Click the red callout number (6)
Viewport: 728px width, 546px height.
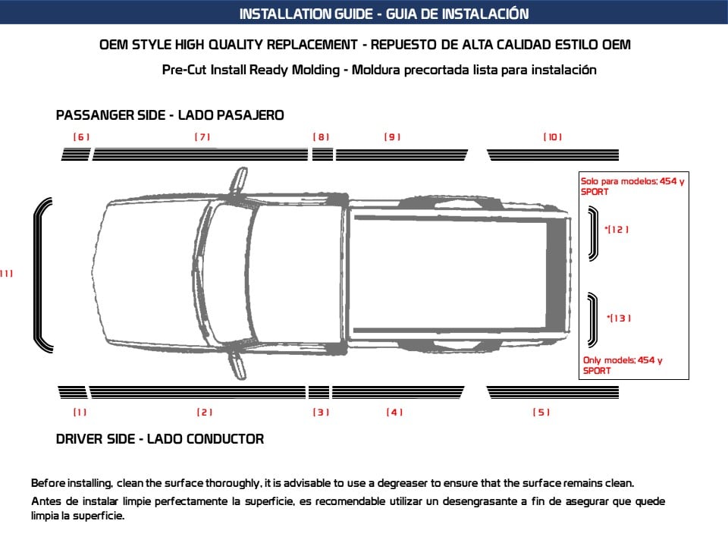(x=81, y=137)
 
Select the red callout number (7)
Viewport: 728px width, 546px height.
(x=202, y=137)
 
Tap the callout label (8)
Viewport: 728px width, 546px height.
(x=322, y=137)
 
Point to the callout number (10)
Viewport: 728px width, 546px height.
(x=552, y=137)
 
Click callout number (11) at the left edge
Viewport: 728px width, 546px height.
(x=6, y=274)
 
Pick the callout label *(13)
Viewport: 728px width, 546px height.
(x=620, y=318)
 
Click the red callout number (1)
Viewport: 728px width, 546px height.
(x=80, y=413)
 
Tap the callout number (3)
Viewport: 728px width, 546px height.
(x=321, y=413)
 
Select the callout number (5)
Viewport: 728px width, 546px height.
(x=541, y=413)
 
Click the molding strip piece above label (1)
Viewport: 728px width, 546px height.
(x=73, y=392)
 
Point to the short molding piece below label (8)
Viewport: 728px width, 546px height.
(x=323, y=155)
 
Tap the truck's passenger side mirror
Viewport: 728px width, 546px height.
(x=239, y=181)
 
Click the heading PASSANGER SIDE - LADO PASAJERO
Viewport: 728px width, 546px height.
(x=170, y=115)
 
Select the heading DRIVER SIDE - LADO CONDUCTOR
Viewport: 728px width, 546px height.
(x=160, y=439)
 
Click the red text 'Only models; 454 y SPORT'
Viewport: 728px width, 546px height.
(x=622, y=366)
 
